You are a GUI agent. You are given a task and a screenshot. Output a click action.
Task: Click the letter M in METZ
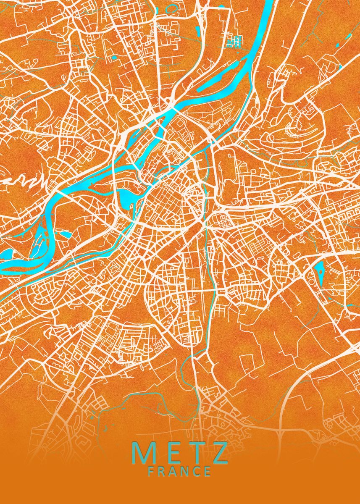coord(145,453)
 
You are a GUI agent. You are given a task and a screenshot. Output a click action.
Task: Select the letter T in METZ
coord(197,453)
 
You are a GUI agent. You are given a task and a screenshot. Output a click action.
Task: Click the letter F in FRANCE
coord(151,471)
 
